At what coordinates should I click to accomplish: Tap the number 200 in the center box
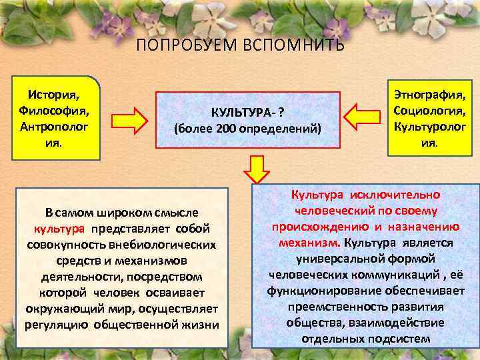click(229, 127)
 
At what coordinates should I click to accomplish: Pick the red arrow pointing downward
click(254, 169)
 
